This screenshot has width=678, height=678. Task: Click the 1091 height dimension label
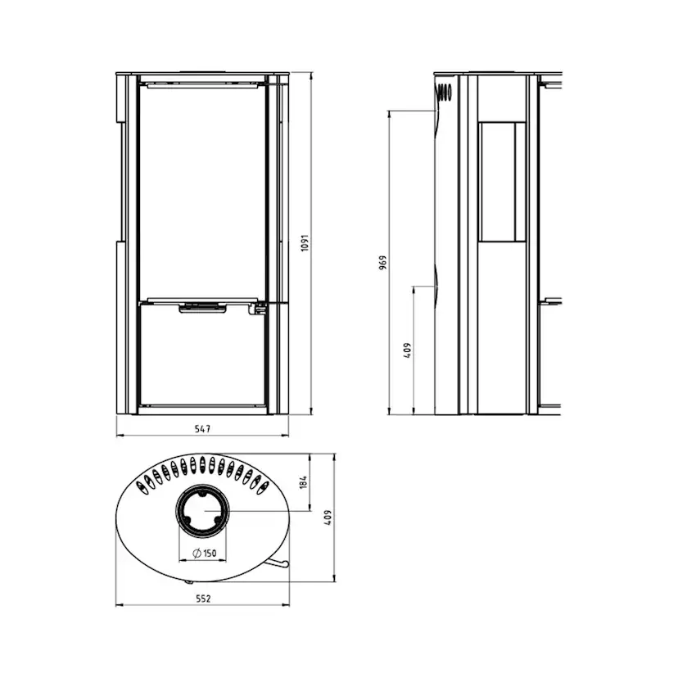[305, 243]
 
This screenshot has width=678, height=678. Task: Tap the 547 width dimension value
[202, 429]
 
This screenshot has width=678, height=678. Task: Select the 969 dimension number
[382, 263]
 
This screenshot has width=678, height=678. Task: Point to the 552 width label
[203, 599]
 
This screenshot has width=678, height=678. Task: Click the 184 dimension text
[303, 481]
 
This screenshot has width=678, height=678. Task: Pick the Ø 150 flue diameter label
[204, 553]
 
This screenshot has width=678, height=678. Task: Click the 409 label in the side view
[407, 350]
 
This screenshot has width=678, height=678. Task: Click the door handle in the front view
[203, 308]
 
